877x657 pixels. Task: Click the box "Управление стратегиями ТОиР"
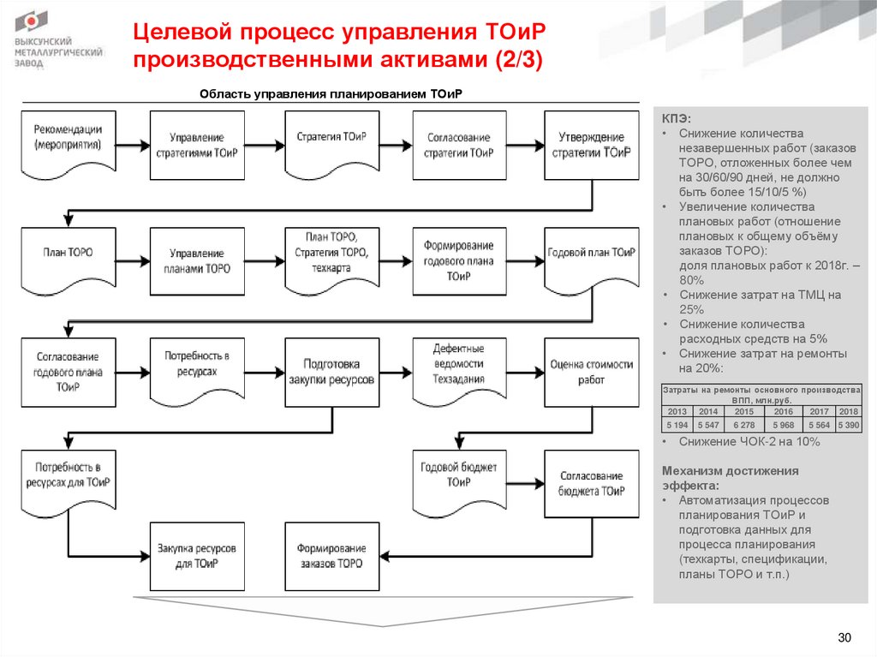pos(197,144)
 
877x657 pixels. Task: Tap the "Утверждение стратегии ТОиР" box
pos(591,144)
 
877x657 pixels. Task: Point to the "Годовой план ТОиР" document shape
pos(591,256)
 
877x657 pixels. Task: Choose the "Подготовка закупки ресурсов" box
pos(331,372)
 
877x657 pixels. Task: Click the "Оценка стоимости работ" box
pos(591,372)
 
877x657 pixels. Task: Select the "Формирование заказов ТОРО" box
pos(331,556)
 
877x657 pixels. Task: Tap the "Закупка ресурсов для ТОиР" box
pos(197,556)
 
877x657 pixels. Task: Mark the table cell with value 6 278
pos(739,425)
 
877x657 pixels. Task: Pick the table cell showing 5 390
pos(849,425)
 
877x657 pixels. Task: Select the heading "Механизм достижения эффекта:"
pos(730,477)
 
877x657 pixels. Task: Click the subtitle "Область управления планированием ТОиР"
pos(330,95)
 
